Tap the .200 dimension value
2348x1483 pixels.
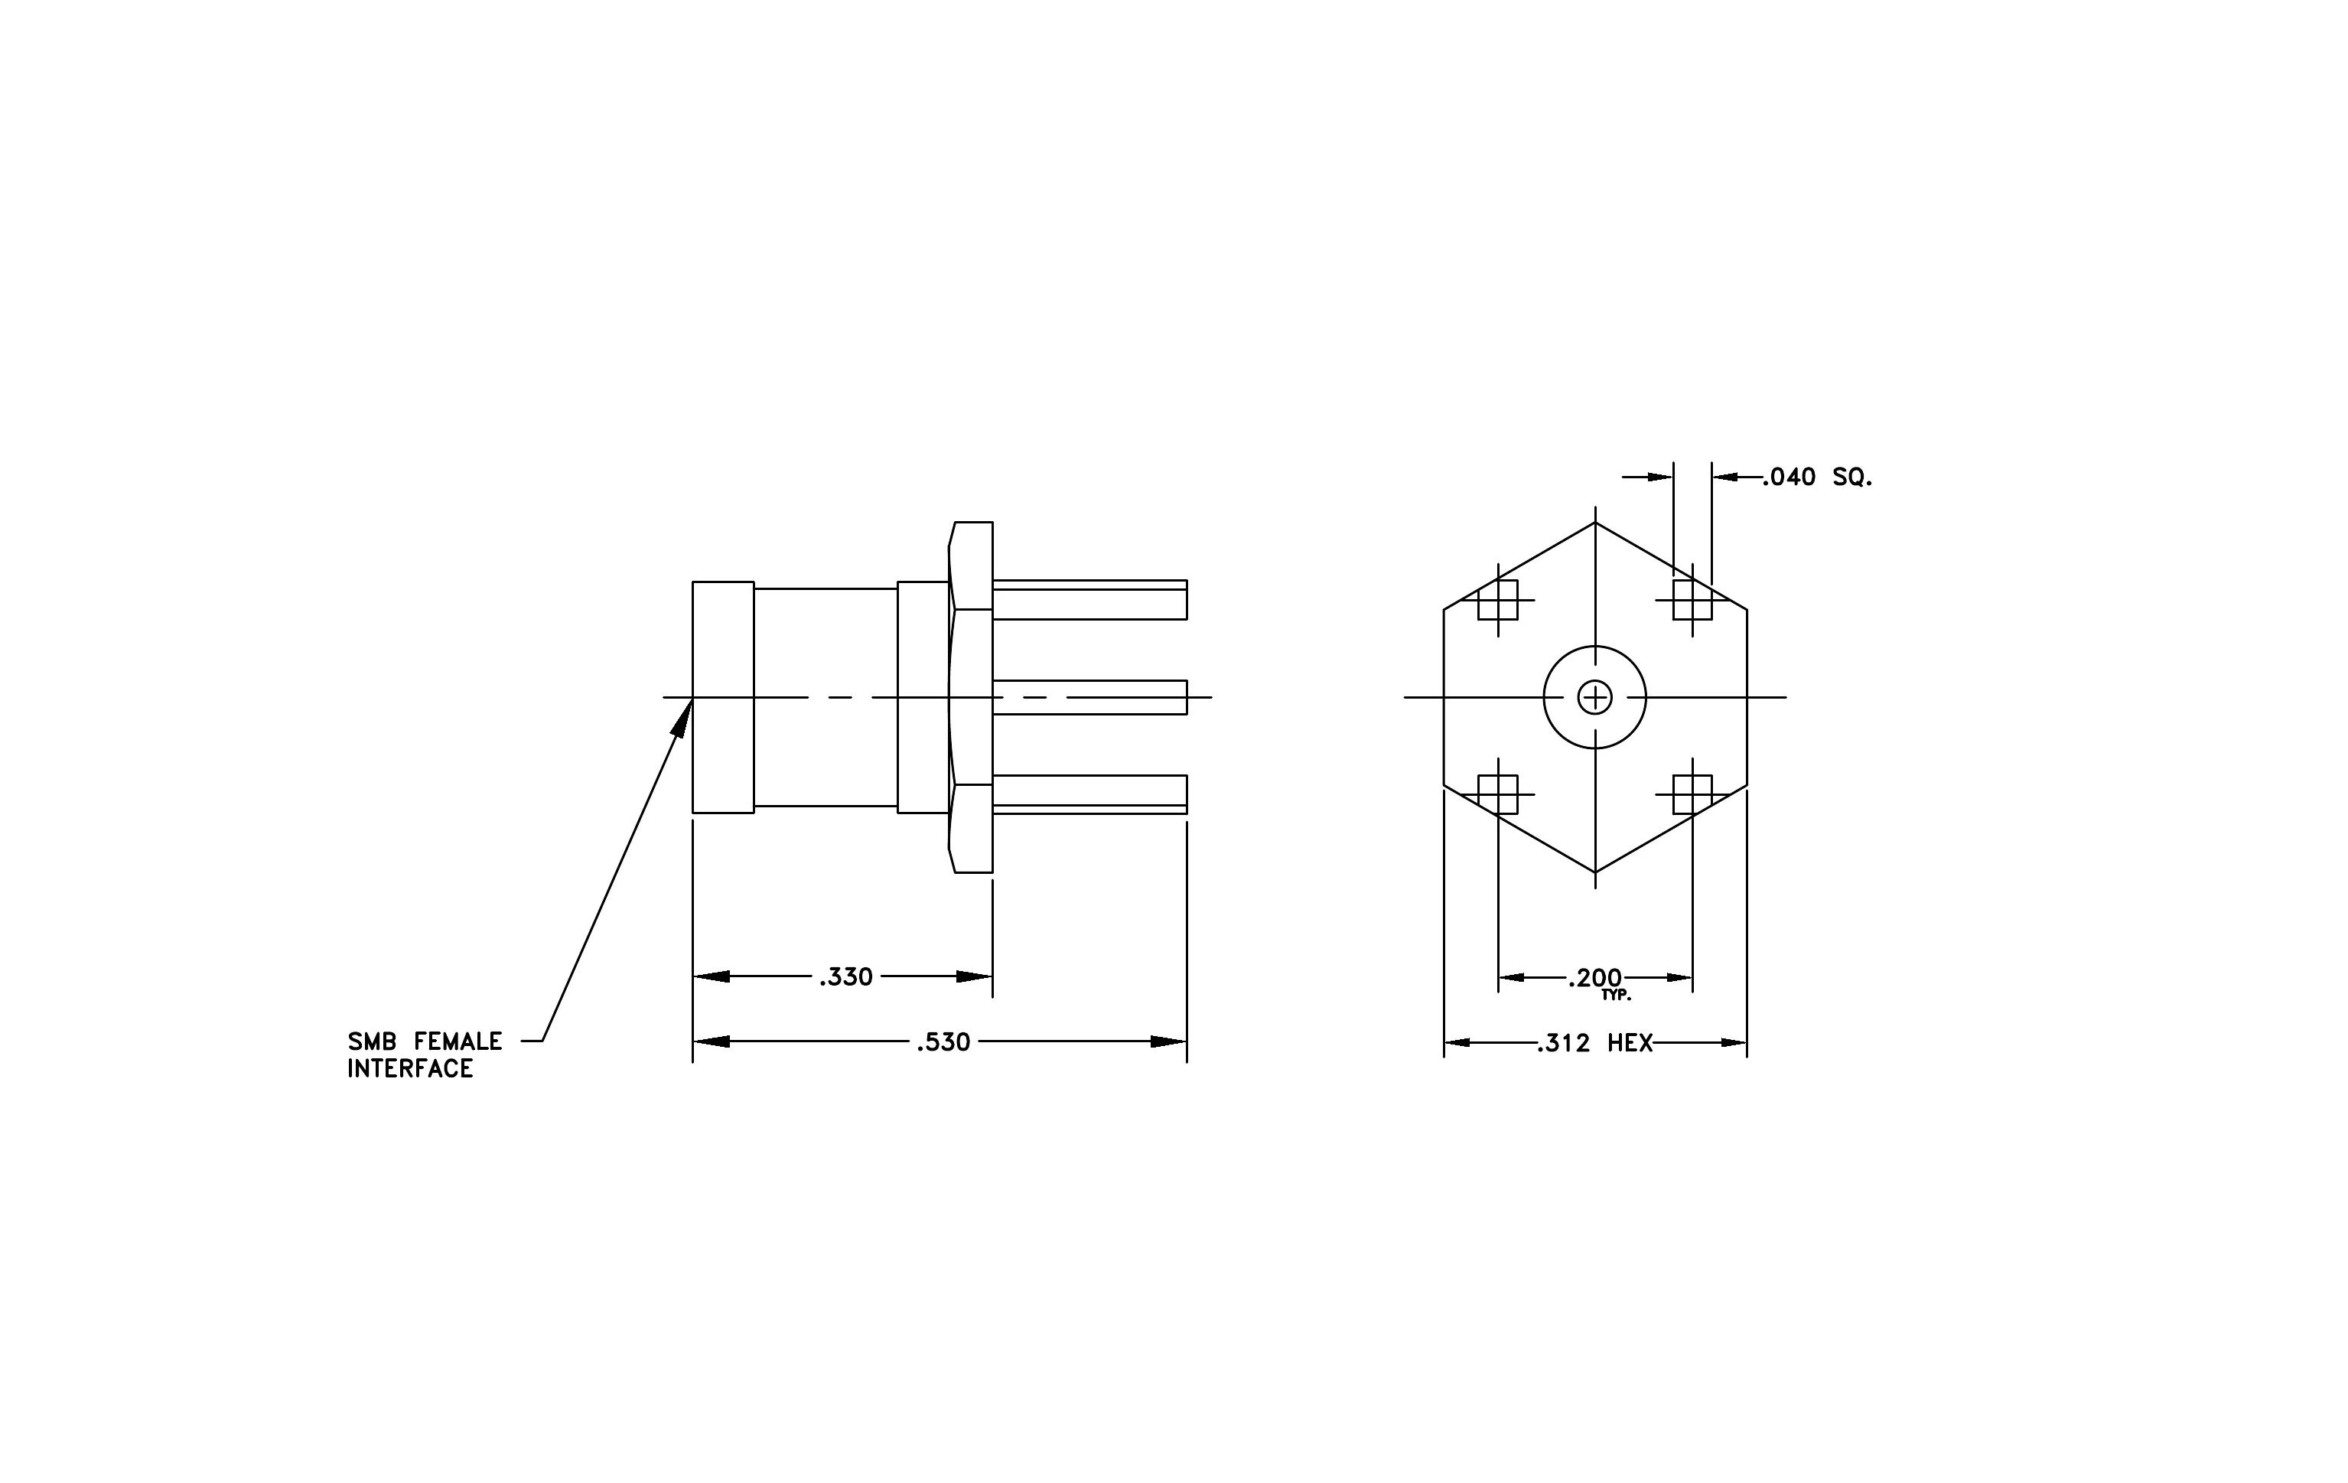pos(1595,978)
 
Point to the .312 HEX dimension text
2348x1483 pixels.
pos(1595,1043)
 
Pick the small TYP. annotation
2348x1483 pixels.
pos(1616,996)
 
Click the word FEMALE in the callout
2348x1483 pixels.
pos(458,1041)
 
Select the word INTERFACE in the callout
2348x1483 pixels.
pos(411,1068)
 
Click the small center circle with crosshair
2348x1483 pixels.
pos(1595,697)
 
